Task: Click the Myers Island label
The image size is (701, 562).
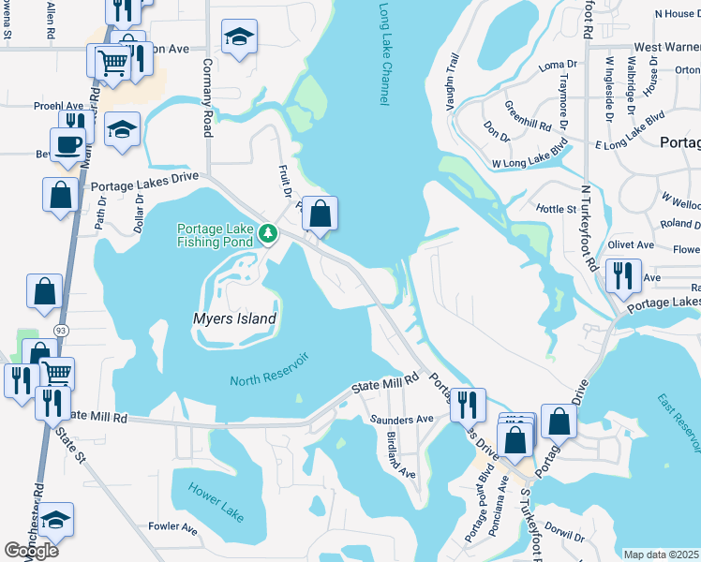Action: click(x=235, y=318)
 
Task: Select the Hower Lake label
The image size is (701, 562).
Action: click(x=215, y=502)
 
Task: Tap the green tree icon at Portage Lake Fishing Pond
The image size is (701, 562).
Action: click(x=268, y=231)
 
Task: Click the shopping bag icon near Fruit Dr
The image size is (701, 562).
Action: click(x=320, y=213)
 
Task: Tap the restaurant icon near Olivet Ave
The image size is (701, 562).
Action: click(x=622, y=274)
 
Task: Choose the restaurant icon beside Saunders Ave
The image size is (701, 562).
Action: click(x=467, y=404)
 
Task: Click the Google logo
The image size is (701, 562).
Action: click(x=31, y=551)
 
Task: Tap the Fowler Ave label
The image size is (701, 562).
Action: click(x=172, y=528)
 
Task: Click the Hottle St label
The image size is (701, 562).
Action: click(x=556, y=208)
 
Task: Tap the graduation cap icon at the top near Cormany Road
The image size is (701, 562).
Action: click(x=239, y=37)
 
